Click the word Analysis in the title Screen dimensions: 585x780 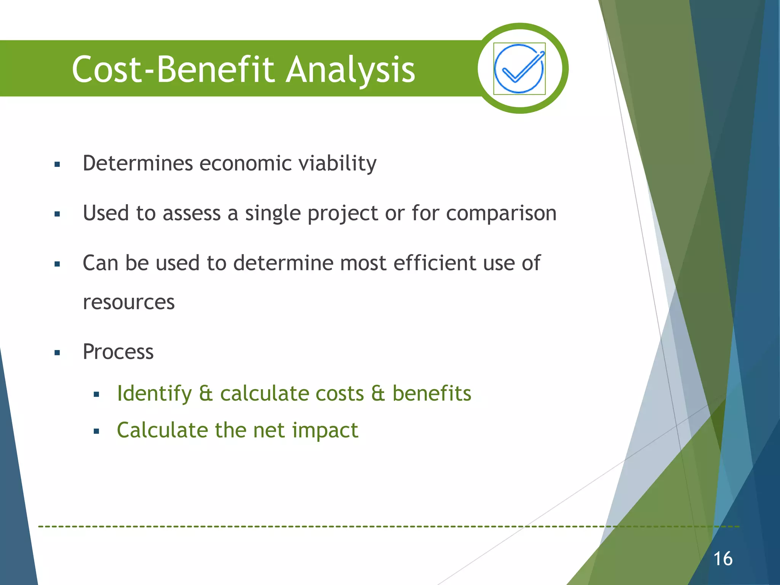(350, 70)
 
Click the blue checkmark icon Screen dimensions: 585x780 (519, 69)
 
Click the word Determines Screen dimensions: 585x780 (138, 163)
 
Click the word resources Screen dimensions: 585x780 (129, 302)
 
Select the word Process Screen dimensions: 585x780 (118, 352)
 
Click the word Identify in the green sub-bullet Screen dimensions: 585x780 (154, 394)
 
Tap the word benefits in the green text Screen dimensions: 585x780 (432, 393)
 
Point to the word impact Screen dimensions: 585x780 (325, 431)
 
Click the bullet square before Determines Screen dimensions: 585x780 (58, 165)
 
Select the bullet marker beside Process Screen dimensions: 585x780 (58, 353)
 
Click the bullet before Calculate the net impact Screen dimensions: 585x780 (96, 432)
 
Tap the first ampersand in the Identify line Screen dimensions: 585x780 (206, 393)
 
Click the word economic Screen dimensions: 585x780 (245, 163)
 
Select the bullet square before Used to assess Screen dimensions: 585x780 (58, 214)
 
